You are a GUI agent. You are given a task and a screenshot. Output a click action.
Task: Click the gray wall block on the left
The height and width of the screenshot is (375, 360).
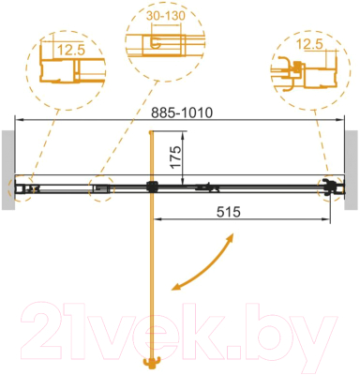pos(7,159)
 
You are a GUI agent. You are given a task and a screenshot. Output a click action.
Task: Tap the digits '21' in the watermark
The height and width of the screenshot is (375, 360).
pos(56,329)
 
